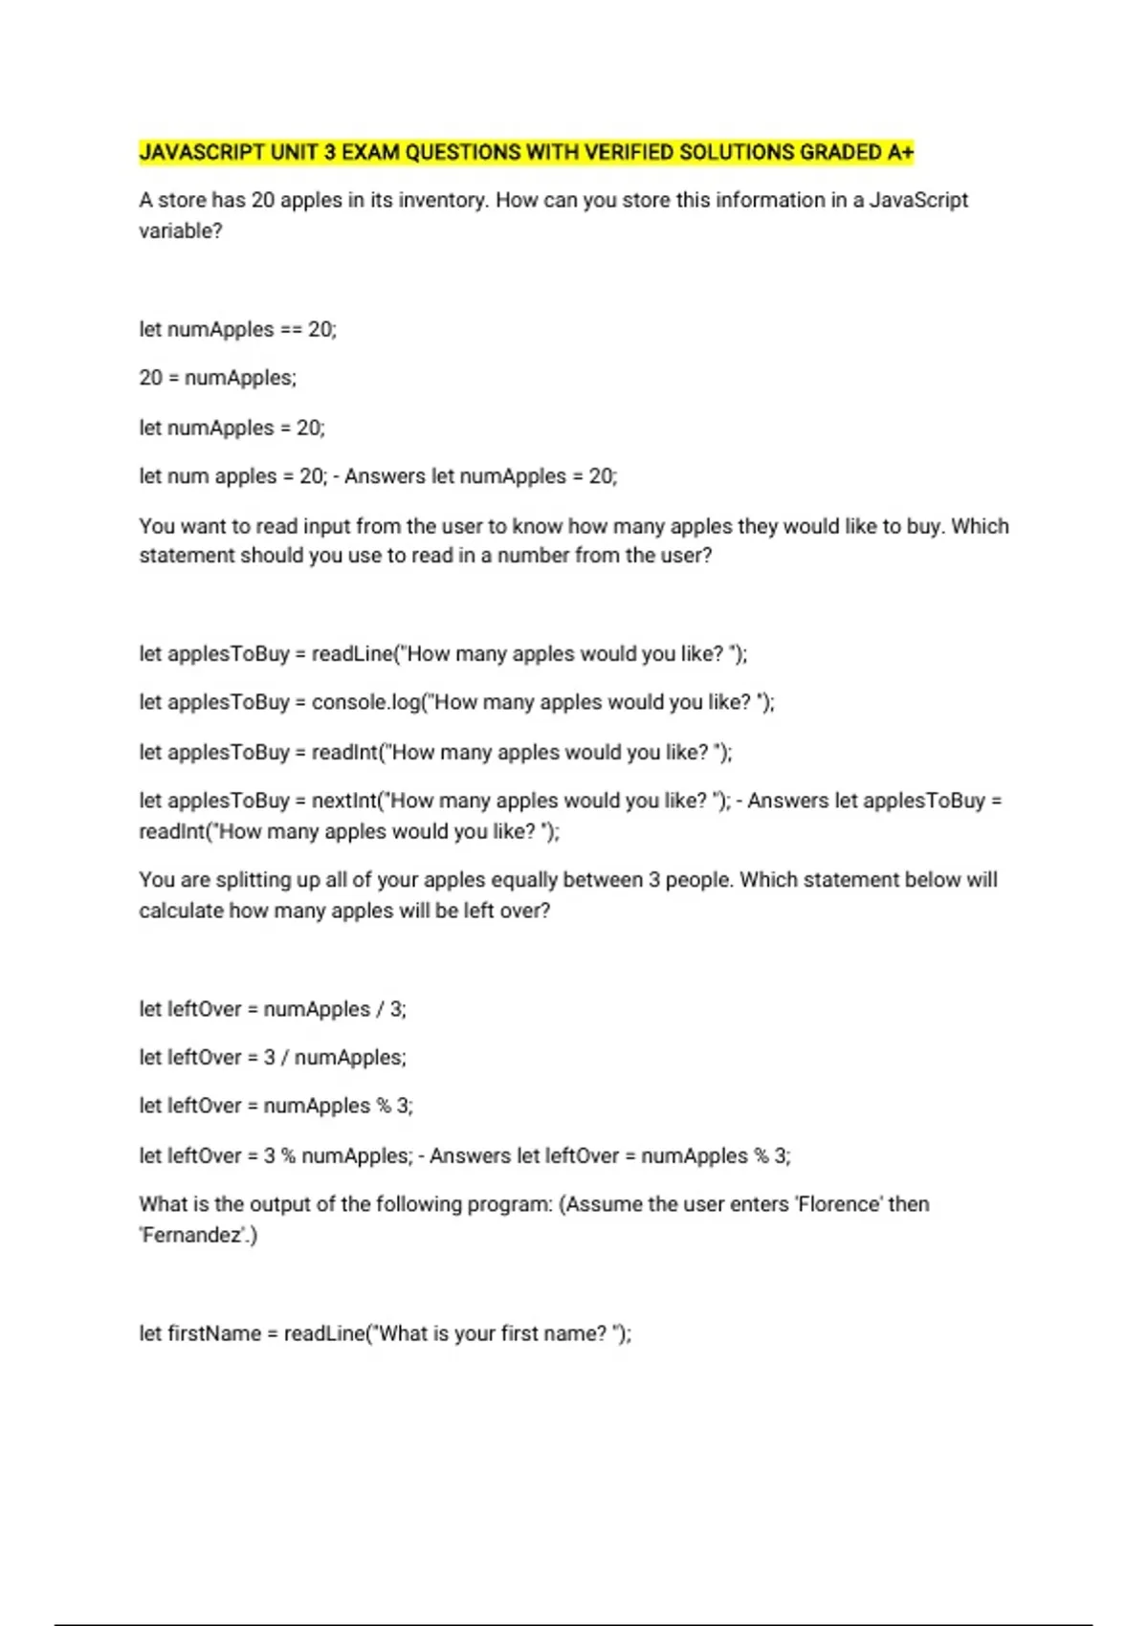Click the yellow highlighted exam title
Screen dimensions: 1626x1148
[x=526, y=152]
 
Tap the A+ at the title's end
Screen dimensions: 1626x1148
[x=900, y=152]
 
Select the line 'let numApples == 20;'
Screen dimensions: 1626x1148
[x=237, y=329]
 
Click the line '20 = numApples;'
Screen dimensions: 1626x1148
[x=217, y=378]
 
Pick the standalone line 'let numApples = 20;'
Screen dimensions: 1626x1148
[x=232, y=428]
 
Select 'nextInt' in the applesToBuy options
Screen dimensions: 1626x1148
[x=345, y=801]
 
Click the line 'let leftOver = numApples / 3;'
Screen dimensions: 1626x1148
[x=273, y=1009]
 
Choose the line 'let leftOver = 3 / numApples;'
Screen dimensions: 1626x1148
[x=273, y=1058]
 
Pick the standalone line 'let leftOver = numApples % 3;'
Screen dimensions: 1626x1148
[x=276, y=1106]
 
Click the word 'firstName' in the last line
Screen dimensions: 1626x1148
[x=214, y=1333]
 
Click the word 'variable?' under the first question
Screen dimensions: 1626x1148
[x=180, y=231]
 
